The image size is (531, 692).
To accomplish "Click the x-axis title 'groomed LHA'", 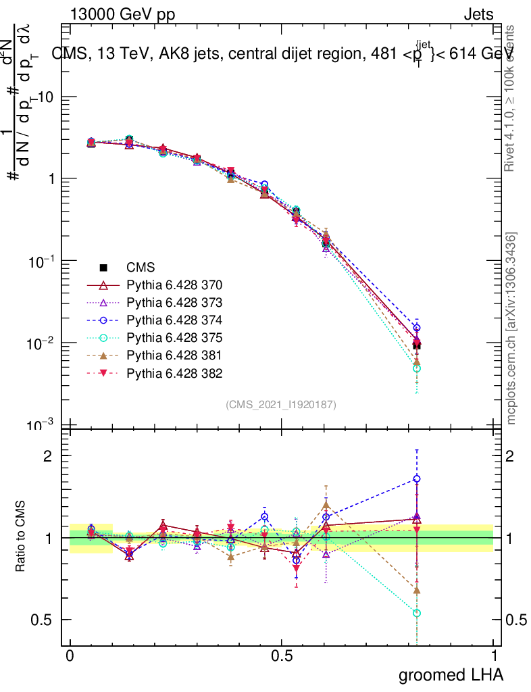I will tap(451, 674).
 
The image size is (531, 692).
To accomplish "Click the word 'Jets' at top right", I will tap(478, 14).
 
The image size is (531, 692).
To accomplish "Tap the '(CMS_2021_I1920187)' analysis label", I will tap(281, 405).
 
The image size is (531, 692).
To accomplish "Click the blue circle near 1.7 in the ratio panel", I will tap(417, 479).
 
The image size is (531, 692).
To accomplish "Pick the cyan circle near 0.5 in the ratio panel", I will tap(417, 613).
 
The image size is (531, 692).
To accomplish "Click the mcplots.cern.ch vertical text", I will tap(511, 328).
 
